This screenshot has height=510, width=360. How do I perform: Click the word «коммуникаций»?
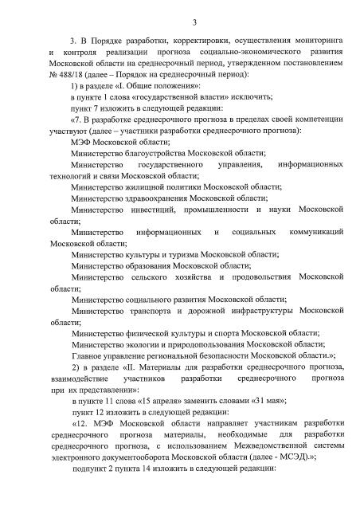315,232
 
